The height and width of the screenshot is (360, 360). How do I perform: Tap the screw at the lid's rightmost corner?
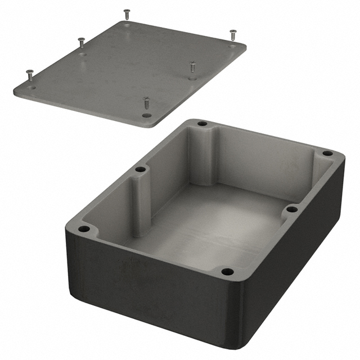[233, 35]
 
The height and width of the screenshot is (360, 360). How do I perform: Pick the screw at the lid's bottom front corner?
[147, 103]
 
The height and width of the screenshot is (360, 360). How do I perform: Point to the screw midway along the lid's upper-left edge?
[81, 42]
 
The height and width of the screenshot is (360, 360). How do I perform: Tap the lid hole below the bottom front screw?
[147, 115]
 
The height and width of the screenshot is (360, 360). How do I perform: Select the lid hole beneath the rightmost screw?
[233, 47]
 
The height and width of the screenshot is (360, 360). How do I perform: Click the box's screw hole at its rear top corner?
[202, 123]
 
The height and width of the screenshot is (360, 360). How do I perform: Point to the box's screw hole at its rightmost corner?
[327, 152]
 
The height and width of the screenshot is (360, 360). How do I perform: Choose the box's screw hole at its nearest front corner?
[227, 272]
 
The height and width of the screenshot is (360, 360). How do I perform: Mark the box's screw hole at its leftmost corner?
[84, 229]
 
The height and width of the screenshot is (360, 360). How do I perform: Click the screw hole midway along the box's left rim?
[141, 169]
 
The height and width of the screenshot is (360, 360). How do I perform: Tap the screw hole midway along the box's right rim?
[291, 209]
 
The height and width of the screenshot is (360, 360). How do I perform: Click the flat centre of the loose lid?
[129, 67]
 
